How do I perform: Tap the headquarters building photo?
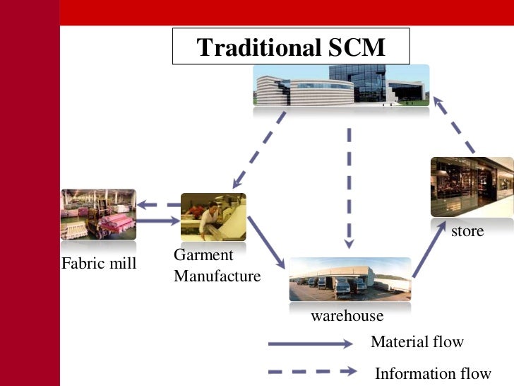click(342, 86)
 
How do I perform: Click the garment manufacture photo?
click(213, 217)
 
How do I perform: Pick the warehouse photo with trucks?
click(349, 279)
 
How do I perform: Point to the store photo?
click(472, 187)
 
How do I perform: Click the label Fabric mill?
click(98, 265)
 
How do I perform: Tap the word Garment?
click(203, 256)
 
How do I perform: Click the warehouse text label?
click(347, 316)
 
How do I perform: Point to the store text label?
click(467, 231)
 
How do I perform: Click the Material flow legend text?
click(417, 342)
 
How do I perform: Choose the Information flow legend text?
click(432, 373)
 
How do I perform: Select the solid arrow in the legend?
click(310, 344)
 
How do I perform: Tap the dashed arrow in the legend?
click(310, 371)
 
